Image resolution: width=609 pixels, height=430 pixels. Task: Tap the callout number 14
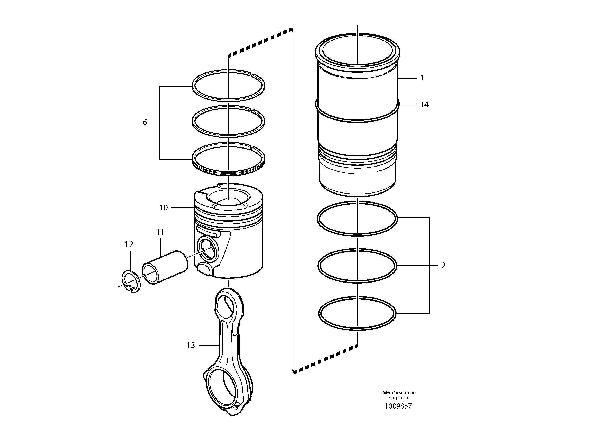pos(424,105)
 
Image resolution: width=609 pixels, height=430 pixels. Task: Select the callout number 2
pos(443,266)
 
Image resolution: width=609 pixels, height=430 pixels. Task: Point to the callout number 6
pos(145,122)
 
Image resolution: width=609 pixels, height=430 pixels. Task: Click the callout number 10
pos(164,208)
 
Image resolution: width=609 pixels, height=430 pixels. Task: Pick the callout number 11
pos(160,233)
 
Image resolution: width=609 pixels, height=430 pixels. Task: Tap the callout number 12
pos(129,244)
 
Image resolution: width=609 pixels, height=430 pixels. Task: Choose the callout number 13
pos(191,345)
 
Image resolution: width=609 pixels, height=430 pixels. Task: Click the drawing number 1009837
pos(398,413)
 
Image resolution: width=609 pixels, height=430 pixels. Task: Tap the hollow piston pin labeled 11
pos(165,267)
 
